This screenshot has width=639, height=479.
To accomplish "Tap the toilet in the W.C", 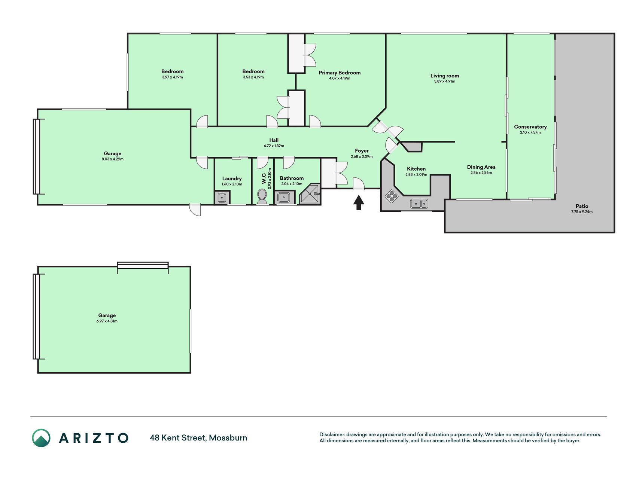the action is click(x=262, y=196).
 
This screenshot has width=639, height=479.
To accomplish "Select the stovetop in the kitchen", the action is click(x=392, y=196).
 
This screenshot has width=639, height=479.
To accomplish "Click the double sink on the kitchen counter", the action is click(x=419, y=204).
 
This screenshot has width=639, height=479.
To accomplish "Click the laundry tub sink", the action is click(x=222, y=197).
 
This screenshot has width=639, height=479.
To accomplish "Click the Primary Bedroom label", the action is click(x=340, y=73).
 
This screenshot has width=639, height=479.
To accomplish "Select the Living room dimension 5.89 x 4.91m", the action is click(x=444, y=81).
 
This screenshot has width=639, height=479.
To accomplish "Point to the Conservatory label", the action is click(x=530, y=127).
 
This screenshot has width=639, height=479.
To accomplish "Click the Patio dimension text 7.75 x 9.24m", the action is click(x=582, y=212).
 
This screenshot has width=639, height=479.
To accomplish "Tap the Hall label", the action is click(x=274, y=140).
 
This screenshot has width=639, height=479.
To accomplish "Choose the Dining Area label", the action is click(x=481, y=167).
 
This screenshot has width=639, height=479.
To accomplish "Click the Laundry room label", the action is click(x=232, y=179).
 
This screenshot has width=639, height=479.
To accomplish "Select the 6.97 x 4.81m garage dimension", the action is click(x=107, y=321).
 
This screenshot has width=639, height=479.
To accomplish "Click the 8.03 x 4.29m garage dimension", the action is click(x=112, y=159).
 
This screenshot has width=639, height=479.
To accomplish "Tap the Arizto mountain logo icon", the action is click(x=41, y=438).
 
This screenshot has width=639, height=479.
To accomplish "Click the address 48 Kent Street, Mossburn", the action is click(x=198, y=438).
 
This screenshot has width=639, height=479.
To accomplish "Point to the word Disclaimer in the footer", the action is click(x=332, y=434).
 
